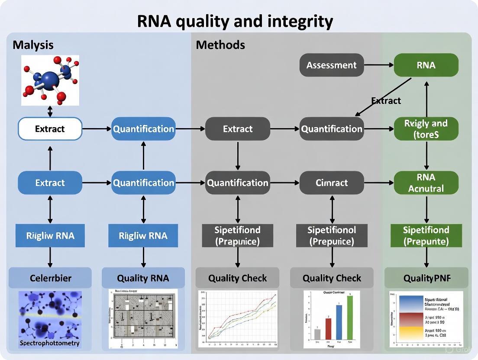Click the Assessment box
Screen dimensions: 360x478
(332, 65)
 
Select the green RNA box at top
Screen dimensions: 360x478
(426, 65)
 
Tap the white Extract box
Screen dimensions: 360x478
(50, 129)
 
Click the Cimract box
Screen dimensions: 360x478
(332, 183)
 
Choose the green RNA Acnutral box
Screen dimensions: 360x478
(426, 183)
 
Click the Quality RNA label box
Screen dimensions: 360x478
(143, 278)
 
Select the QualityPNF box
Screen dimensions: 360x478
(426, 278)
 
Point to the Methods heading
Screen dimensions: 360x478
(220, 45)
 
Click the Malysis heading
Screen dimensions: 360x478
(33, 45)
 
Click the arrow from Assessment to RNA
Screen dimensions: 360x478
(378, 65)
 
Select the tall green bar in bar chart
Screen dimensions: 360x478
(350, 317)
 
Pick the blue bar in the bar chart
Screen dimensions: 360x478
(339, 322)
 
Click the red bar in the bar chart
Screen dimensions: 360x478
(328, 328)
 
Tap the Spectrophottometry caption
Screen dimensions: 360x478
(50, 344)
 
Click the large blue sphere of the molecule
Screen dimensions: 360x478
(50, 80)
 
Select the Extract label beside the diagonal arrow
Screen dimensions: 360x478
(386, 101)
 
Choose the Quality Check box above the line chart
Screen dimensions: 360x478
(238, 278)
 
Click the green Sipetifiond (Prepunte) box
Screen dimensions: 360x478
(426, 235)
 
